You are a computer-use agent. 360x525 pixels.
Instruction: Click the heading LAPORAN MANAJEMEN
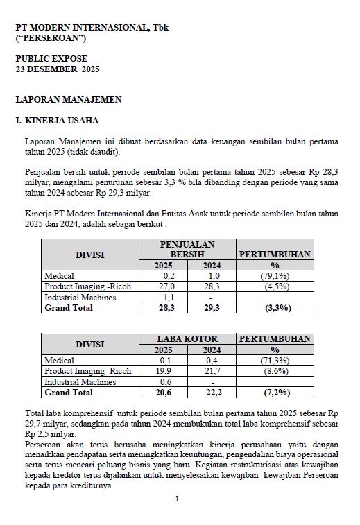(69, 100)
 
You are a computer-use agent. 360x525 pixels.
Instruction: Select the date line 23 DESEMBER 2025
(58, 70)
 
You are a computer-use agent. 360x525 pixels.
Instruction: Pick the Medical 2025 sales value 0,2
(163, 276)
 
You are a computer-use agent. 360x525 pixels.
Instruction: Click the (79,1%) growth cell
(275, 276)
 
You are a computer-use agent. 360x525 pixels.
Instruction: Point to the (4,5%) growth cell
(275, 286)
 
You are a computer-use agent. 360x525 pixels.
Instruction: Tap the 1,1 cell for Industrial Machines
(163, 297)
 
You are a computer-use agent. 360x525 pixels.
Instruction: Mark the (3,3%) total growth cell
(275, 307)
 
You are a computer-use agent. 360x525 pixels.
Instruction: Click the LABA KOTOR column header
(187, 338)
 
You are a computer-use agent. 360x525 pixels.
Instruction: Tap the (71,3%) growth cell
(275, 361)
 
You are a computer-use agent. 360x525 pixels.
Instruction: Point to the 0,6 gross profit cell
(163, 381)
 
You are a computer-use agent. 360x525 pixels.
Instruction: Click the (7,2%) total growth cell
(275, 393)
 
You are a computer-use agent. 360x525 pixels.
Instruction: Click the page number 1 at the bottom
(178, 499)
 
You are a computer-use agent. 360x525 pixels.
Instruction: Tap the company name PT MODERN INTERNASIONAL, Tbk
(92, 28)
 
